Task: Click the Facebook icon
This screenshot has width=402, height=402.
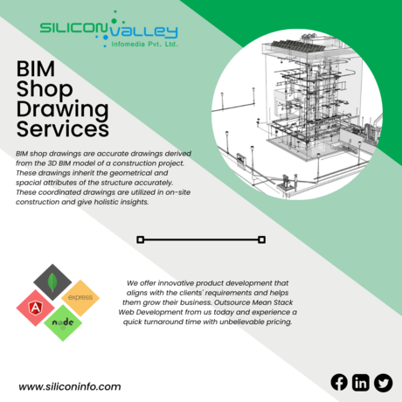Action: click(x=339, y=382)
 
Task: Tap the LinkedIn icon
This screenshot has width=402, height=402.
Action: click(x=361, y=382)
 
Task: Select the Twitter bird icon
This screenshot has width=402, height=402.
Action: click(x=383, y=383)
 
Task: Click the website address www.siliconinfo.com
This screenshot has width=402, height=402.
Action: click(x=70, y=386)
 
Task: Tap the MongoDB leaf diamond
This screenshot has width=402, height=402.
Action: click(x=52, y=282)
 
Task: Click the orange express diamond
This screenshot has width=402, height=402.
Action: click(x=80, y=298)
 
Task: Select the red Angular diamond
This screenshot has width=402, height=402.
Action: click(x=35, y=308)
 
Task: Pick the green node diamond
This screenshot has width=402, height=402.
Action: click(x=63, y=322)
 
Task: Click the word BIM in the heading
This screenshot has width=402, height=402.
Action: click(x=36, y=69)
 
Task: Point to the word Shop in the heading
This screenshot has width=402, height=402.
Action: click(x=45, y=90)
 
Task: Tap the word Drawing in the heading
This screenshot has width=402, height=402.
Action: click(x=63, y=109)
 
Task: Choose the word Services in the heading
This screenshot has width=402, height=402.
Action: click(x=63, y=129)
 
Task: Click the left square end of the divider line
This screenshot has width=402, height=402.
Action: click(x=141, y=239)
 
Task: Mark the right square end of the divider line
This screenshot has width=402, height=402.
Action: click(x=261, y=239)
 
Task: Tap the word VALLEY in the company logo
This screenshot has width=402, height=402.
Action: click(x=143, y=32)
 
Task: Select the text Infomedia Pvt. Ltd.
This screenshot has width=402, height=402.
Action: click(x=144, y=45)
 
